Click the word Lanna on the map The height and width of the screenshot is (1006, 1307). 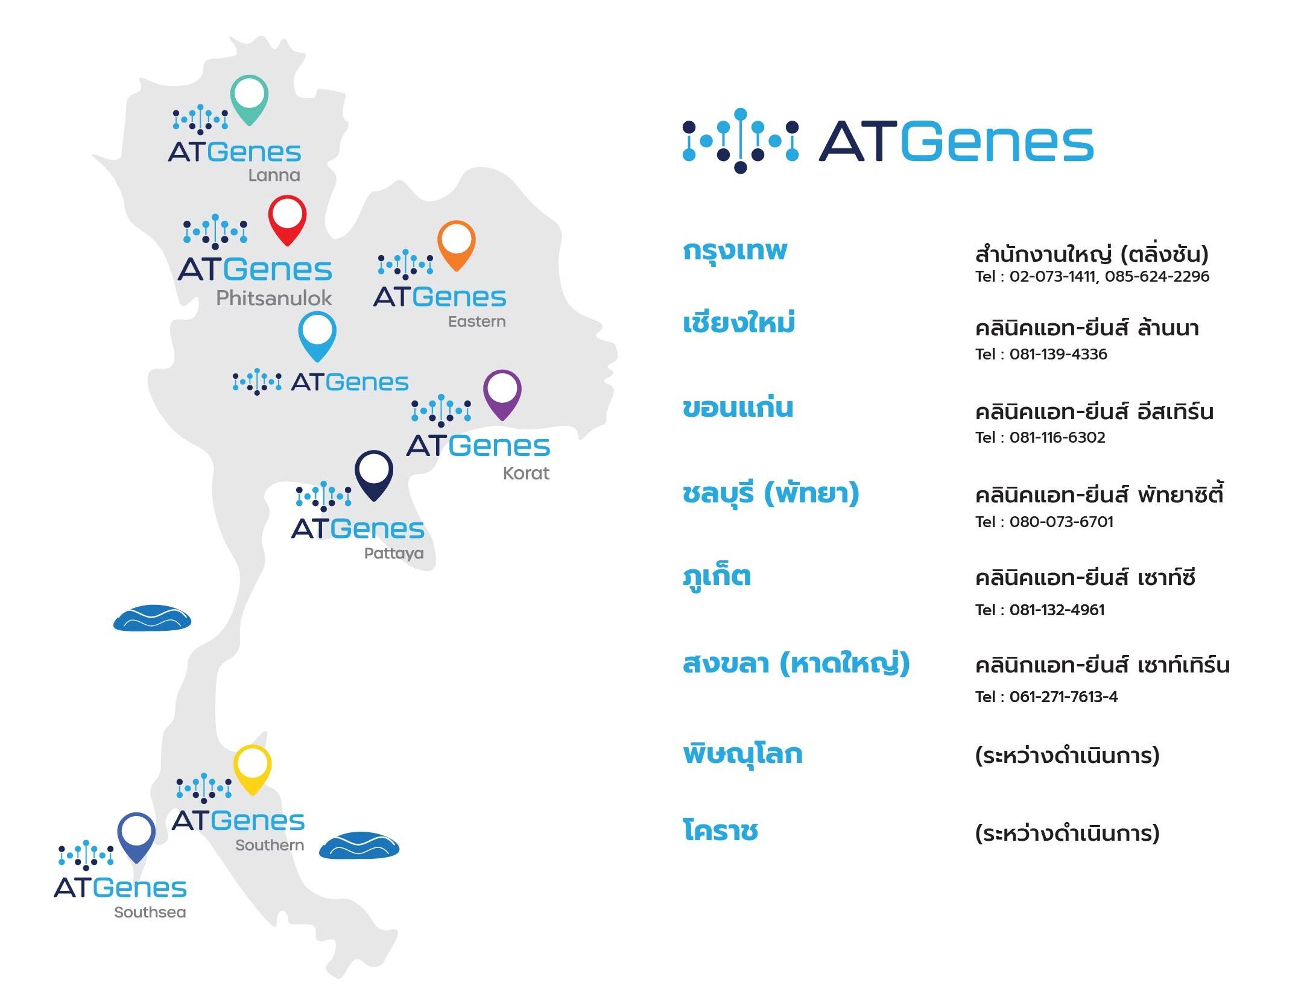pos(274,176)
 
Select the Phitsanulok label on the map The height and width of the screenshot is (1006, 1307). pos(274,298)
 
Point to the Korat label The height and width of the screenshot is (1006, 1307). pos(526,473)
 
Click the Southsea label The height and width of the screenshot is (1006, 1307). pos(150,912)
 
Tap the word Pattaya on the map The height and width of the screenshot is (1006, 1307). pos(394,554)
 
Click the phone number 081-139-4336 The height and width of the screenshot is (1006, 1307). pos(1059,354)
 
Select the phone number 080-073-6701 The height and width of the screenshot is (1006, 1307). pos(1062,522)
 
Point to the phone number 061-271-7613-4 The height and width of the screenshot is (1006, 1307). pos(1064,697)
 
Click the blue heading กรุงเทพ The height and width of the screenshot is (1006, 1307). pos(735,250)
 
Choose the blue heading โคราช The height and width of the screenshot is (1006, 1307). pos(720,830)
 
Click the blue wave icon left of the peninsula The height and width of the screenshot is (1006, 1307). pos(152,618)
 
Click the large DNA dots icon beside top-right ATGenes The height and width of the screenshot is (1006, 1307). pos(741,141)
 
